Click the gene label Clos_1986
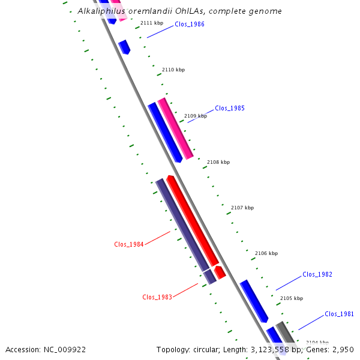coord(189,25)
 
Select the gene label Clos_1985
coord(230,109)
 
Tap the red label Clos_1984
coord(129,244)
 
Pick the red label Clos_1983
coord(157,297)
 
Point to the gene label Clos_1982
coord(317,274)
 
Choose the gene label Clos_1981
coord(340,314)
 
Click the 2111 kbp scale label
coord(152,23)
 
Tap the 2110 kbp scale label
coord(173,70)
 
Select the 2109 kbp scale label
coord(196,116)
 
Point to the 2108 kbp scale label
coord(218,162)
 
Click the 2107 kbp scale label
coord(242,208)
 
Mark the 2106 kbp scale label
coord(266,253)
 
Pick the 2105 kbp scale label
coord(292,298)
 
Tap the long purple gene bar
coord(182,224)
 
